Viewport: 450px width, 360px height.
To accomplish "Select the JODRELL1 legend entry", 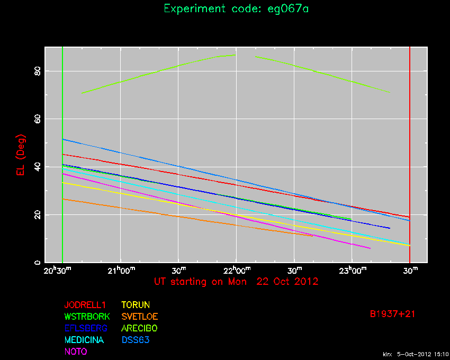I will [85, 305].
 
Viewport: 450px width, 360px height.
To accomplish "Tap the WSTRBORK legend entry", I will [87, 317].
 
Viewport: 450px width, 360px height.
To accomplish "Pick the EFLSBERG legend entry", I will [86, 328].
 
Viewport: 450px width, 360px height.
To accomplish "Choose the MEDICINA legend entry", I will [84, 340].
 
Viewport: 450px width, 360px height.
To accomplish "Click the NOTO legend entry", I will [76, 352].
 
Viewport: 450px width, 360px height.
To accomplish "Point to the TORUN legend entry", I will [136, 305].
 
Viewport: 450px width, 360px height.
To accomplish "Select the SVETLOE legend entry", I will [140, 317].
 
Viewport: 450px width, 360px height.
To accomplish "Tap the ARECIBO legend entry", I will [140, 328].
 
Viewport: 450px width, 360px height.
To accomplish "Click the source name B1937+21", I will [392, 314].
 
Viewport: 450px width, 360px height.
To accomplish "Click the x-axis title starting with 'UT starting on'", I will [236, 282].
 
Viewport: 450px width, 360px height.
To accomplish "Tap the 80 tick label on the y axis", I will [38, 71].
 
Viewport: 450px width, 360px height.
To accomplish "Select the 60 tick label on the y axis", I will [38, 119].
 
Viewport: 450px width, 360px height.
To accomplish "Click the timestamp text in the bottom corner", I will [415, 354].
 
